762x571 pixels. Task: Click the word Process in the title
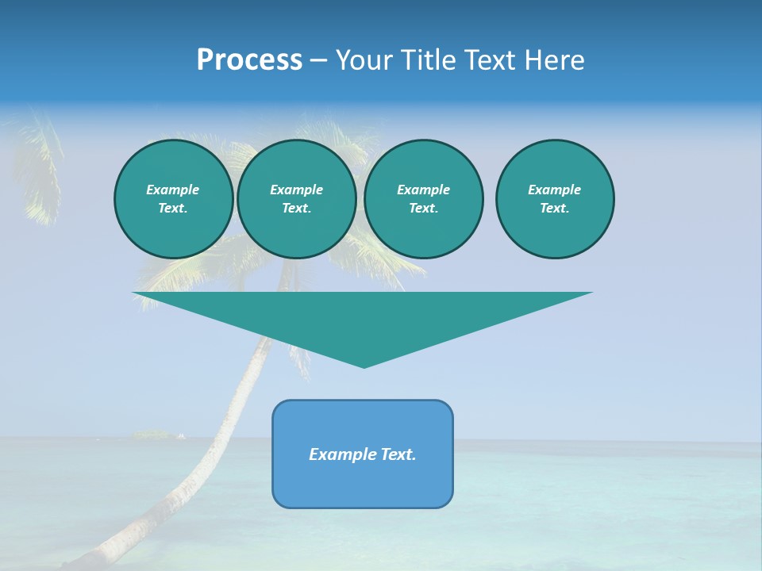click(249, 60)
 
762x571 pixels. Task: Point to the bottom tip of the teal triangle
click(364, 366)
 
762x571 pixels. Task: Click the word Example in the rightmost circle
click(554, 190)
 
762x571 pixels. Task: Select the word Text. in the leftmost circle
click(173, 208)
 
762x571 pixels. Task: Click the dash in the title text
click(318, 60)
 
